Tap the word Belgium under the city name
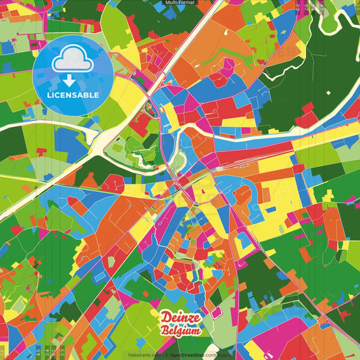[x=182, y=330]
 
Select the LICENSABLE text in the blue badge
[x=73, y=95]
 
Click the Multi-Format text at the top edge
[x=180, y=3]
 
